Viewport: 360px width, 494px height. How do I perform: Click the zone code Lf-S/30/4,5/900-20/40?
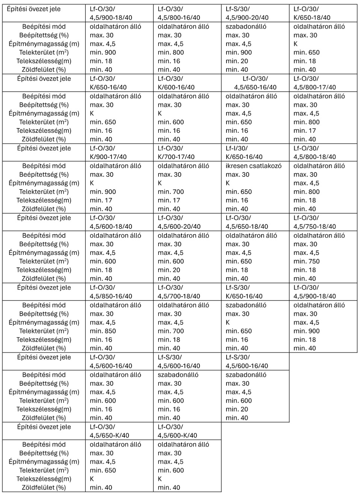247,13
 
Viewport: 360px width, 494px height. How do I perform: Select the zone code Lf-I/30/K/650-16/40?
244,153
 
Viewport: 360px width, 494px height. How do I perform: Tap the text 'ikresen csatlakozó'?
253,166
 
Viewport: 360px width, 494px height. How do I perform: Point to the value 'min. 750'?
306,261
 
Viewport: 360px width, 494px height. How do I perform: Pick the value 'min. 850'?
103,331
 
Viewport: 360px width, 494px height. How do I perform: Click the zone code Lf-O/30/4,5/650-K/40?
109,431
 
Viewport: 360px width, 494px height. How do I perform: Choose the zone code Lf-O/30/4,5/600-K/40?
177,431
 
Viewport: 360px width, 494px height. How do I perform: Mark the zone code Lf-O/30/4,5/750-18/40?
315,222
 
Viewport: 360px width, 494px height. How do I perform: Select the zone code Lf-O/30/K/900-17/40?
108,153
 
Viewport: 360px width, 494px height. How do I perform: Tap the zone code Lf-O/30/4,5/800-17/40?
315,83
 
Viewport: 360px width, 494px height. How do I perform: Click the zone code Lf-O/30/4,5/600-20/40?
179,222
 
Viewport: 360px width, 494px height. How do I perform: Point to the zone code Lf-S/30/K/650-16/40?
244,292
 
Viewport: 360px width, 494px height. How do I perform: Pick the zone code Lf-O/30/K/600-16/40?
176,83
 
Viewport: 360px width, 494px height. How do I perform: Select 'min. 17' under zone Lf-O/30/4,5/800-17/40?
304,131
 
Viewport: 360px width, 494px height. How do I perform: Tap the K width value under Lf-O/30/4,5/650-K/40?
92,479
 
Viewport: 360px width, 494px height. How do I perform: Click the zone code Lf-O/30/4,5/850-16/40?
110,292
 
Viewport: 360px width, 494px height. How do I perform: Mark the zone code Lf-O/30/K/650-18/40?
312,13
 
